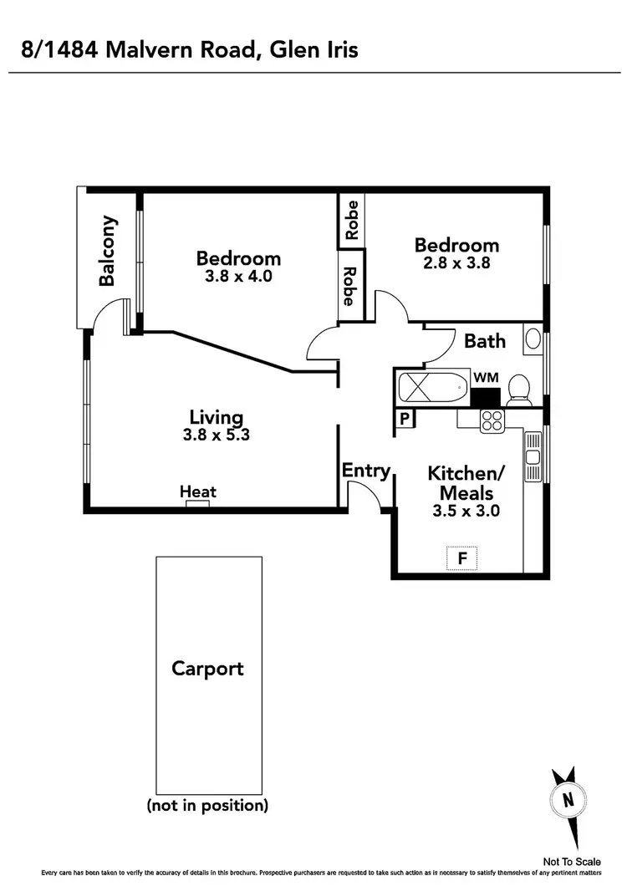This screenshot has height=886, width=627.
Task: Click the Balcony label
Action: (108, 252)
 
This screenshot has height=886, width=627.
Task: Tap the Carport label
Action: (207, 669)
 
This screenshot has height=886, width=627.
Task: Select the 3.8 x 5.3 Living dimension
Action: (216, 435)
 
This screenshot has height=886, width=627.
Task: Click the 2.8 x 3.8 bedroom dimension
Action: (456, 262)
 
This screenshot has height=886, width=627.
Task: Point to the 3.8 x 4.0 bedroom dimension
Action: (238, 276)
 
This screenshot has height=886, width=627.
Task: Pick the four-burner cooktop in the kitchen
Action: (491, 420)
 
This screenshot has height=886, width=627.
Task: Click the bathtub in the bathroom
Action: (431, 389)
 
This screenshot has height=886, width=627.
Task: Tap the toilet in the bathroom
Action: (517, 388)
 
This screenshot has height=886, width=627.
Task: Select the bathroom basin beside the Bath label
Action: (533, 339)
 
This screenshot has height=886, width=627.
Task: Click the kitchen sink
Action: (532, 456)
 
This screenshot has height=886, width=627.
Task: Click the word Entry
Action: (366, 471)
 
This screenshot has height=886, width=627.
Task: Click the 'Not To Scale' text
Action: (571, 862)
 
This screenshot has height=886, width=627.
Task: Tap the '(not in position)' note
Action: (207, 806)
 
